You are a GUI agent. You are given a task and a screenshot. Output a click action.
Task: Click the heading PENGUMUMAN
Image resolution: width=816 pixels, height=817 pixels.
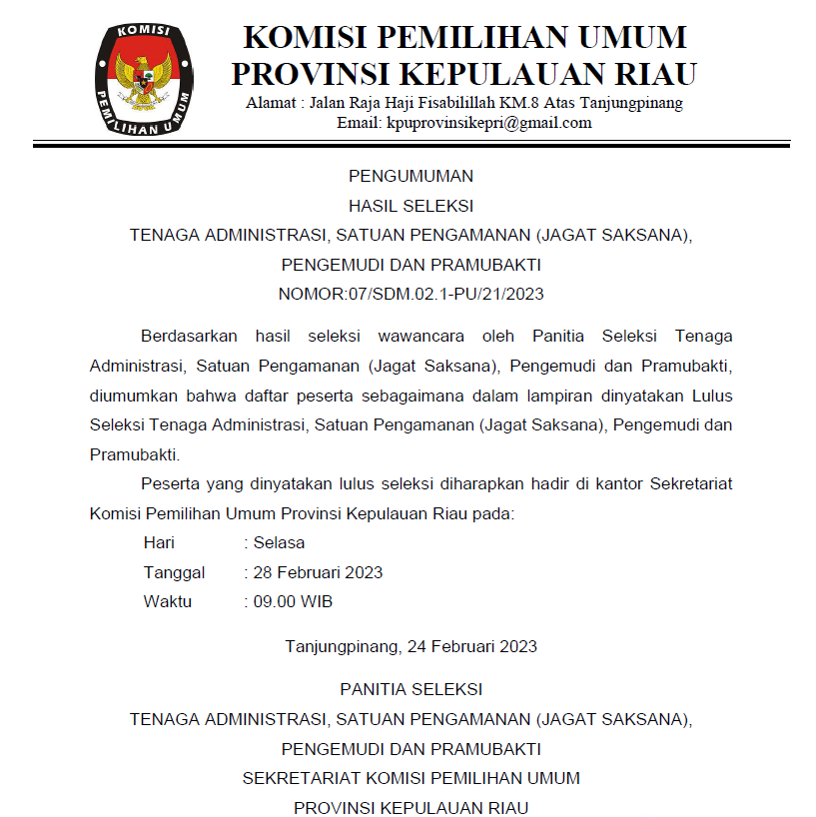pyautogui.click(x=410, y=177)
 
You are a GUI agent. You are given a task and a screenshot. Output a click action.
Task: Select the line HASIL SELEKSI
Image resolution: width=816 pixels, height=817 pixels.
pyautogui.click(x=410, y=207)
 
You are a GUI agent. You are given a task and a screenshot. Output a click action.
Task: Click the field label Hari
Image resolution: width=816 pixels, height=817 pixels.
pyautogui.click(x=159, y=543)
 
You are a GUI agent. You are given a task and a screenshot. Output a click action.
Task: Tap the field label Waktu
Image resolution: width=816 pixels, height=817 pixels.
pyautogui.click(x=168, y=602)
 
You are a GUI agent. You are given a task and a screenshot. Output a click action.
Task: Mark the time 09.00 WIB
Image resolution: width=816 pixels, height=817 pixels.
pyautogui.click(x=293, y=602)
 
